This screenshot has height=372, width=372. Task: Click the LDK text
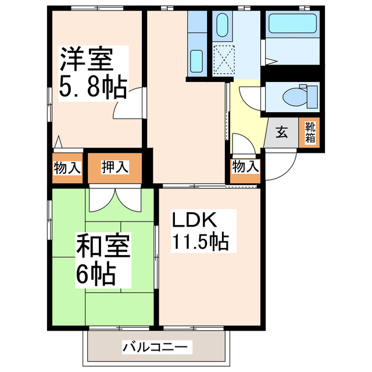pyautogui.click(x=194, y=220)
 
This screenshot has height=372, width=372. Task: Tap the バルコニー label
pyautogui.click(x=155, y=347)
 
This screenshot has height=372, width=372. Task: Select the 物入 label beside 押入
pyautogui.click(x=67, y=169)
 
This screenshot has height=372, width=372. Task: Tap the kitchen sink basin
pyautogui.click(x=196, y=58)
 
